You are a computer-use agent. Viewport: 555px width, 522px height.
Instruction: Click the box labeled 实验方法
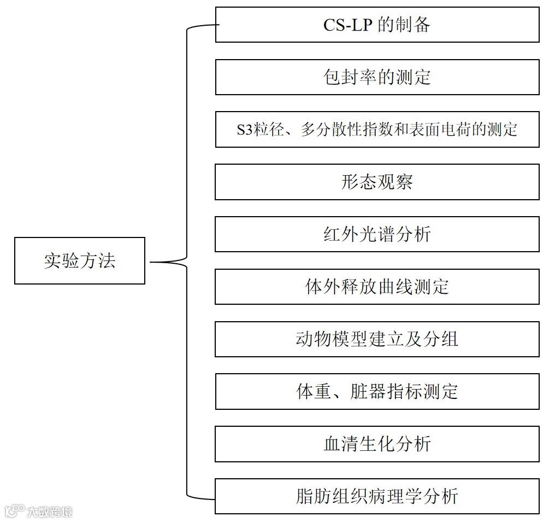80,260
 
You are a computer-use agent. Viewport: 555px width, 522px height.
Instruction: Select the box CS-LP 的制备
377,25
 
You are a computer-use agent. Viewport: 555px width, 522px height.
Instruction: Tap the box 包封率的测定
377,77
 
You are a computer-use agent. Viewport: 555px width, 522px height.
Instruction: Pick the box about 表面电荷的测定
377,130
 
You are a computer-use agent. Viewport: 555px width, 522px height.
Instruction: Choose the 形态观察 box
377,182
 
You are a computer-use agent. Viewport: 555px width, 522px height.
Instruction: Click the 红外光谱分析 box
377,234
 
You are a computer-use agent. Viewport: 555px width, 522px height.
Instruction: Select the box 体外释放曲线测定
377,287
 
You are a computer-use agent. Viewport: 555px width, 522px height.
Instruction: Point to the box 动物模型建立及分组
377,339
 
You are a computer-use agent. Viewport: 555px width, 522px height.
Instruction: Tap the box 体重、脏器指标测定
377,392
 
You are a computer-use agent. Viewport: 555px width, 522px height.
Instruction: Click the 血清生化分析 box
377,444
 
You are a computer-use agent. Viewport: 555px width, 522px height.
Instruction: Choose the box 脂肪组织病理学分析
377,496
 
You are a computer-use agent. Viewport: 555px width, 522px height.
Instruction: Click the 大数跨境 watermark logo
38,512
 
